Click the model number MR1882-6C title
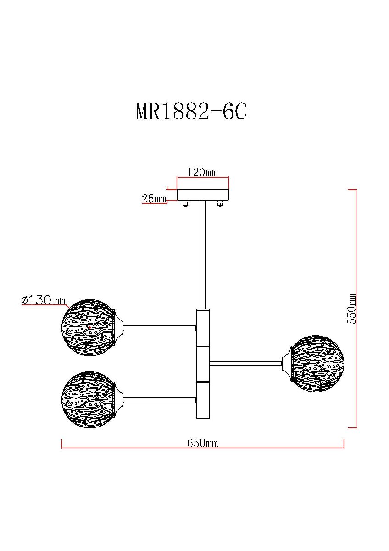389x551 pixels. click(191, 112)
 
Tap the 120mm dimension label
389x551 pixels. click(202, 173)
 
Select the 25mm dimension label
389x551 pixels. click(154, 199)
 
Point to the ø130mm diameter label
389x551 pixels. click(44, 300)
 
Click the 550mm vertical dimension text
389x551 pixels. click(352, 309)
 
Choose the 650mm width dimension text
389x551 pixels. click(202, 443)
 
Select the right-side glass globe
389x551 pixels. click(317, 363)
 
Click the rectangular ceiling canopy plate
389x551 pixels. click(203, 195)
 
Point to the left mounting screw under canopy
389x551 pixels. click(185, 204)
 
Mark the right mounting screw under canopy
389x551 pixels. click(221, 204)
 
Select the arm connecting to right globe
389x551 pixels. click(246, 364)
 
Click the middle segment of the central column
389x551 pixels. click(203, 363)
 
